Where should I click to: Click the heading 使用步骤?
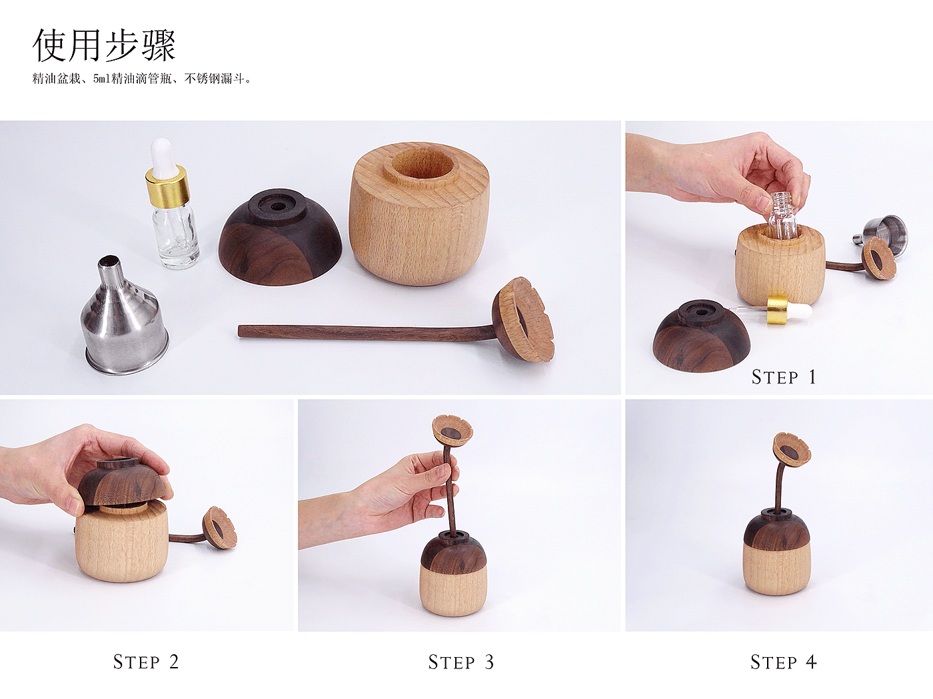[104, 45]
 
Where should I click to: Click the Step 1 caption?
[784, 377]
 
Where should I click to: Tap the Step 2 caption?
[146, 662]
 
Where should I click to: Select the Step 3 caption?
[461, 662]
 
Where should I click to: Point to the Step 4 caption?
[783, 662]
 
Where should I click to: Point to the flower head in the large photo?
[523, 320]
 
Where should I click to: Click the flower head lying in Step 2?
[219, 528]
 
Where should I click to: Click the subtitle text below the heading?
[141, 79]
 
